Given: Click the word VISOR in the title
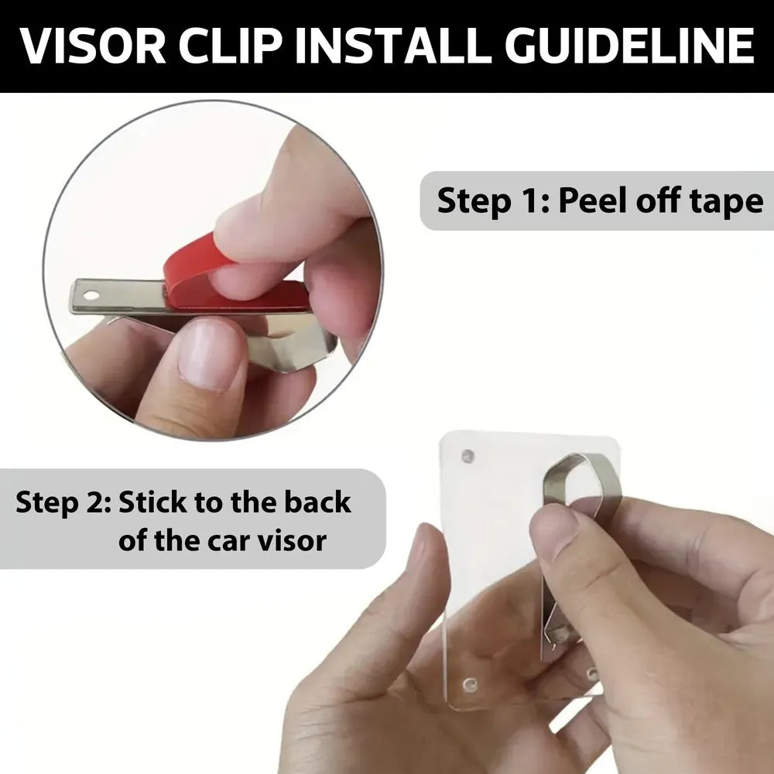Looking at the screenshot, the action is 93,46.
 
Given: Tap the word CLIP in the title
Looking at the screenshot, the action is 231,46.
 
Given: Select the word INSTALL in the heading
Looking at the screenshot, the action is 393,46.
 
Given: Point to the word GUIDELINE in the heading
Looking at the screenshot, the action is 629,46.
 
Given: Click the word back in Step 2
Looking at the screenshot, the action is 317,502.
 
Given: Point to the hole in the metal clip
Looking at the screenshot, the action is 91,296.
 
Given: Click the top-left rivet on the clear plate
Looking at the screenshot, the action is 467,456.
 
